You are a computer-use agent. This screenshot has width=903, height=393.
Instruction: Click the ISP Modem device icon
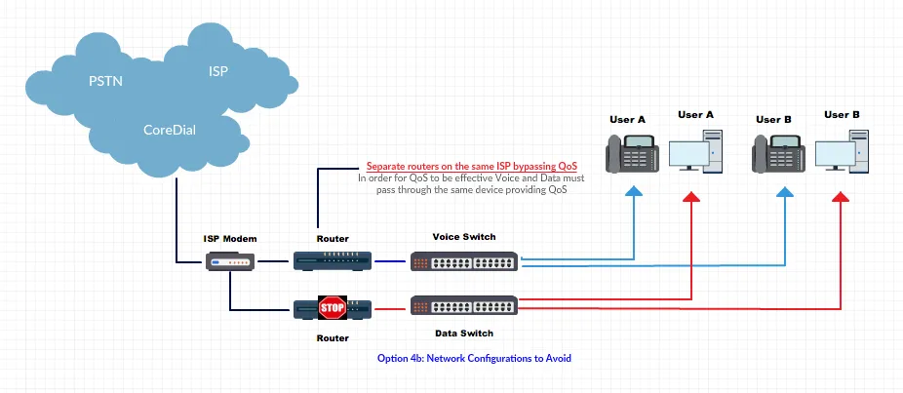tap(232, 261)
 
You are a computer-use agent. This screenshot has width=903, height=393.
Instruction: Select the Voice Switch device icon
tap(465, 261)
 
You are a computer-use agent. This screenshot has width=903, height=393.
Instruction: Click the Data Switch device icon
tap(465, 305)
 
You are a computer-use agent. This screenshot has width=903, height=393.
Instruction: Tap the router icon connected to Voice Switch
tap(333, 260)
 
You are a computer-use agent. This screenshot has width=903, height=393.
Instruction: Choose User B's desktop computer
tap(842, 152)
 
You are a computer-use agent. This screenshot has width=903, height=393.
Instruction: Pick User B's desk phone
tap(779, 153)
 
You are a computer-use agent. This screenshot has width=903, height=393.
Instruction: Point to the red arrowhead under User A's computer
tap(690, 199)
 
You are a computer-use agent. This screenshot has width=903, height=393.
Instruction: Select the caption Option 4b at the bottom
tap(473, 358)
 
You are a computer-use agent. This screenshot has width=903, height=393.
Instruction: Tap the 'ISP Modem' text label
tap(230, 238)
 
